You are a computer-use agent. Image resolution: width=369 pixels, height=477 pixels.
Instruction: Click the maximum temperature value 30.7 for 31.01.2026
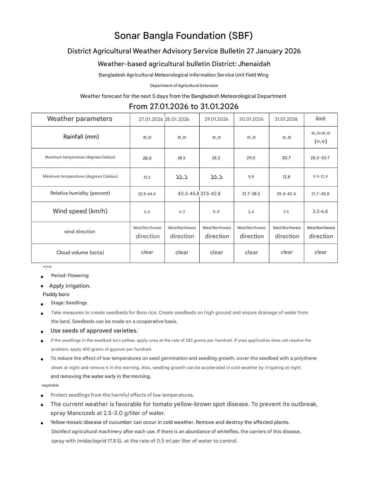286,158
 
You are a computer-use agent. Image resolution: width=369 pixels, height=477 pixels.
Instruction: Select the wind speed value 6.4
216,212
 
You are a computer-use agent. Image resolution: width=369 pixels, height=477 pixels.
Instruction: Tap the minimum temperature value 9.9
251,177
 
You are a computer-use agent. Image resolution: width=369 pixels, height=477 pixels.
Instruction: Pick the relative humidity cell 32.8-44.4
147,194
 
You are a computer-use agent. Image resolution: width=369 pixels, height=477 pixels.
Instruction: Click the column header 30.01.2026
251,119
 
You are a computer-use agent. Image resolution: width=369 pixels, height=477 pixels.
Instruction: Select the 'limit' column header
320,119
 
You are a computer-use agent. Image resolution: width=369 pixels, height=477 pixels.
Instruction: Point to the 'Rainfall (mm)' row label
81,137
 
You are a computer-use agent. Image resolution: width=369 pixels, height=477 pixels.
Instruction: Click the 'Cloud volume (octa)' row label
80,252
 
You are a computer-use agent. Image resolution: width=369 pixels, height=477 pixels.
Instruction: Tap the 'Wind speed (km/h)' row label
80,211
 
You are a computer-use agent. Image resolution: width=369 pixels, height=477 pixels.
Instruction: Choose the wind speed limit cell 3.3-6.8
320,212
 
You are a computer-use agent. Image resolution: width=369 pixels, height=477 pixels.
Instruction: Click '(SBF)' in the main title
240,36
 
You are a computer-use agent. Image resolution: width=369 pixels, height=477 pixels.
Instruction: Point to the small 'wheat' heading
47,266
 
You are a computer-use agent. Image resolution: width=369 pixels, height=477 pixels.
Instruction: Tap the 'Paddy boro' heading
56,294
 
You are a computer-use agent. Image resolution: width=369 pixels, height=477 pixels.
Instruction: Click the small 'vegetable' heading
50,385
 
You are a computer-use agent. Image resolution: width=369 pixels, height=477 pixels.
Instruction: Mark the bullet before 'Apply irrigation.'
42,286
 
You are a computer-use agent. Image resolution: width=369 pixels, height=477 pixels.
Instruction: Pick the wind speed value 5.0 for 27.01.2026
147,212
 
